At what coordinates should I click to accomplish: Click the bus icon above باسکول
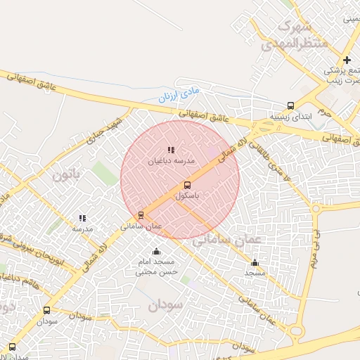[x=186, y=185]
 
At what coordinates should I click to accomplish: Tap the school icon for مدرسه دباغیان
[x=170, y=150]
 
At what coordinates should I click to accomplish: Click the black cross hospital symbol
[x=347, y=60]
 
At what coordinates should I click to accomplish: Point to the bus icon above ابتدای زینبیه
[x=292, y=105]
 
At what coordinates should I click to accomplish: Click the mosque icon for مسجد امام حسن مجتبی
[x=155, y=252]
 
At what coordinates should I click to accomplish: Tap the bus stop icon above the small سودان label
[x=47, y=309]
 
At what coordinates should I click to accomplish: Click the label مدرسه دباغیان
[x=169, y=160]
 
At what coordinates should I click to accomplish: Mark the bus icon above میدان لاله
[x=12, y=347]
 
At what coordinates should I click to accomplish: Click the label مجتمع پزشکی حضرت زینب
[x=342, y=76]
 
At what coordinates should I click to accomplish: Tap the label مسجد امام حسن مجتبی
[x=157, y=266]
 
